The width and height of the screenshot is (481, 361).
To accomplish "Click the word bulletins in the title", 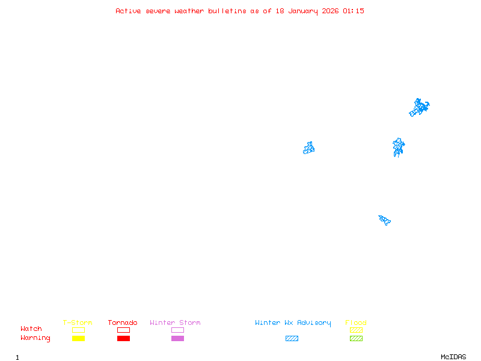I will [x=227, y=11].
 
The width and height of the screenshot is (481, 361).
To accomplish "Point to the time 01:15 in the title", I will [x=354, y=11].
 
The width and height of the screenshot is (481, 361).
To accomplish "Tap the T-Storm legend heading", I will [x=78, y=323].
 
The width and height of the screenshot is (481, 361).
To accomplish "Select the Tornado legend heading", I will [x=123, y=323].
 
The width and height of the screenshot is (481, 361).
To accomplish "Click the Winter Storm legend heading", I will [x=175, y=323].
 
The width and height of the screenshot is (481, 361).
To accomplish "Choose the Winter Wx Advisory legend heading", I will [x=293, y=323].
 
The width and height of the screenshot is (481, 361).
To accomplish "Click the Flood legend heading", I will [x=356, y=323].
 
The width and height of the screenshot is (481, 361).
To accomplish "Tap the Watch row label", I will [x=31, y=329].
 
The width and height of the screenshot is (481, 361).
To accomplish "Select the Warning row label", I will [x=35, y=338].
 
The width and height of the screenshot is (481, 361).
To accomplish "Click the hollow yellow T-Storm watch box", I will [x=78, y=330].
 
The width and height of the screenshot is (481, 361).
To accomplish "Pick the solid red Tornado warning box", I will [x=123, y=338].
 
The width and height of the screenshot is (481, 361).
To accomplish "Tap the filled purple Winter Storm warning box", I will [x=177, y=338].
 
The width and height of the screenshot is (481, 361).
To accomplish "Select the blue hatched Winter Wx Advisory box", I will [x=292, y=338].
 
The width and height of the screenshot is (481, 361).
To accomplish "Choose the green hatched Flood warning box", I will [x=356, y=338].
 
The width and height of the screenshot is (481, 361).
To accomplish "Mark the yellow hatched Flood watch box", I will [x=356, y=330].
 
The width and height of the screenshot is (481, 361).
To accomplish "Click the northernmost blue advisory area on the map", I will [x=419, y=108].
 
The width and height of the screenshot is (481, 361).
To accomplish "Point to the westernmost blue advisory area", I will [x=309, y=148].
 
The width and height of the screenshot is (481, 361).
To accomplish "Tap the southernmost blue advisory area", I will [x=385, y=220].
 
